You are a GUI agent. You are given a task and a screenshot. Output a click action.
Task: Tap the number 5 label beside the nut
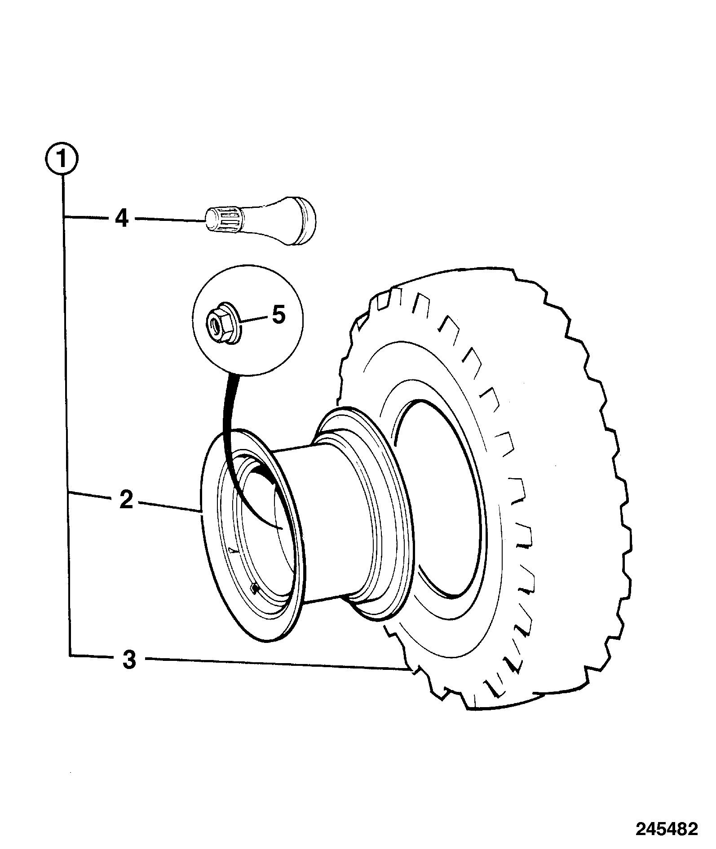(278, 315)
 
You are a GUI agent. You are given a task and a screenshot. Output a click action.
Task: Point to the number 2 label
(127, 500)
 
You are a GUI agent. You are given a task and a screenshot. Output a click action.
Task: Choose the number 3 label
(129, 660)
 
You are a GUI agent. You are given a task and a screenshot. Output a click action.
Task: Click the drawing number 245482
(667, 829)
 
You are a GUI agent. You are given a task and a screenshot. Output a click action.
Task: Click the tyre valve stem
(261, 220)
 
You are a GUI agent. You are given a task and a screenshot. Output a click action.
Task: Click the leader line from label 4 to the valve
(171, 220)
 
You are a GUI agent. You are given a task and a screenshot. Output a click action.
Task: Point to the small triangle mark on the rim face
(232, 550)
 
